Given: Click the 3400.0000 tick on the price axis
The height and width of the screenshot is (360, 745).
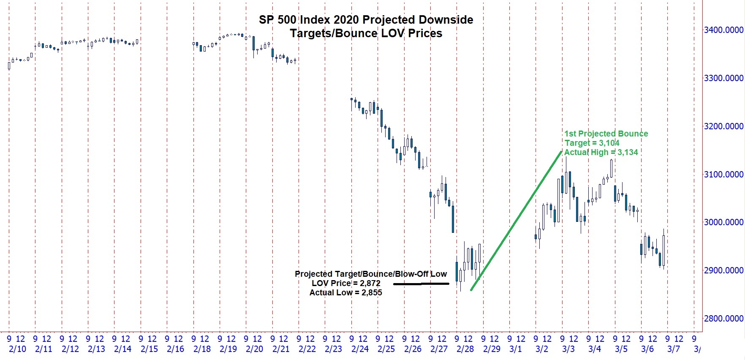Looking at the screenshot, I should coord(723,30).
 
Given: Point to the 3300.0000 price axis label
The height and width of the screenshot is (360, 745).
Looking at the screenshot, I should coord(723,78).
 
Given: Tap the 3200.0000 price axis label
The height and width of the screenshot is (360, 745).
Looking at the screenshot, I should coord(723,126).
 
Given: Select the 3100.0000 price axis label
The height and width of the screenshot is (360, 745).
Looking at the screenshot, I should coord(723,174).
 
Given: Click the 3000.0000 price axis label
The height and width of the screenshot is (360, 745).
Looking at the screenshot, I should coord(723,222).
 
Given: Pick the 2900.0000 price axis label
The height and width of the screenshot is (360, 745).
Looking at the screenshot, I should coord(723,270).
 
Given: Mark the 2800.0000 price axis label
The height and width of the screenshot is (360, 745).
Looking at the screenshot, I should coord(723,319).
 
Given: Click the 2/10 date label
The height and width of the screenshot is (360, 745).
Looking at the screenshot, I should coord(17,349).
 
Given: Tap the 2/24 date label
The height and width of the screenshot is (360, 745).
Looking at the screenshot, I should coord(360,349).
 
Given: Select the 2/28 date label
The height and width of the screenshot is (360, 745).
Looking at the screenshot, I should coord(465,349).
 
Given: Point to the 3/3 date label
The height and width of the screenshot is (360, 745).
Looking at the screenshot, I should coord(568,349).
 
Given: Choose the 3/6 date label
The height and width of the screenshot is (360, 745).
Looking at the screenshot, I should coord(647,349).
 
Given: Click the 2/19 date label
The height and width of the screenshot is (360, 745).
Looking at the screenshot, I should coord(228,349).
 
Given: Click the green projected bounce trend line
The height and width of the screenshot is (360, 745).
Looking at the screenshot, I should coord(516,221).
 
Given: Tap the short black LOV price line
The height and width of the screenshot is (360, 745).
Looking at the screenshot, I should coord(421,284).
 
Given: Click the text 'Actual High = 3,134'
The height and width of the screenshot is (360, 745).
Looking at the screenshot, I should coord(601,153).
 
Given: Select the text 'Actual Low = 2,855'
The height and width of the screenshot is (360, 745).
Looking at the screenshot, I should coord(345,293).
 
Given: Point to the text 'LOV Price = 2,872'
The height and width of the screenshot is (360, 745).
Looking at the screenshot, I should coord(346,284).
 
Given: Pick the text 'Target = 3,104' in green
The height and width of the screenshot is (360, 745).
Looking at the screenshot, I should coord(592,143).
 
